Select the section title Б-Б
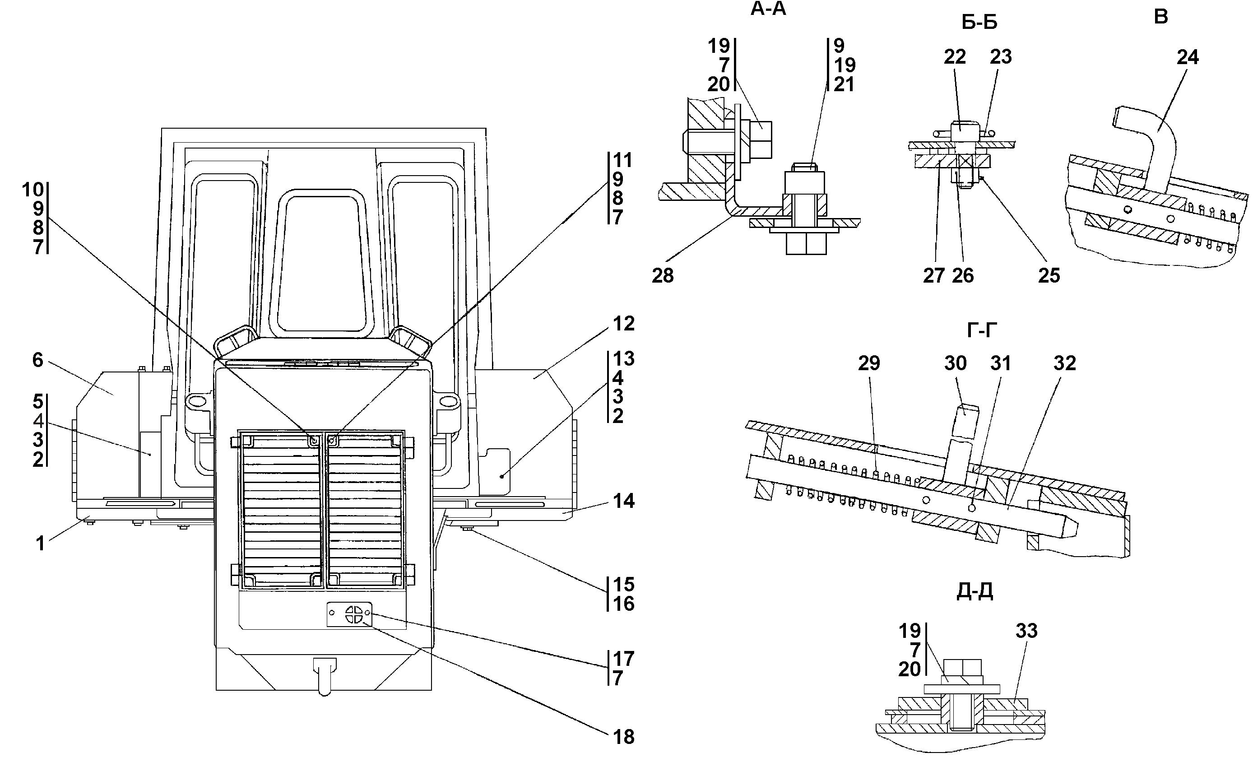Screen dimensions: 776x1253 (979, 23)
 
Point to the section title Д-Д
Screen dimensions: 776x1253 (975, 591)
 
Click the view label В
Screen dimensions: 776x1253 (1160, 17)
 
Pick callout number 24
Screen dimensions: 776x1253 (1187, 57)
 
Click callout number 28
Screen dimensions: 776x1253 (663, 276)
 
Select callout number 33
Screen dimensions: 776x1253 (1026, 631)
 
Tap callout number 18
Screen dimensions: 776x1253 (624, 737)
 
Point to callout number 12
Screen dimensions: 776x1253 (624, 323)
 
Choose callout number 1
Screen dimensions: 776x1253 (40, 544)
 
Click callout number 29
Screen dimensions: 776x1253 (869, 363)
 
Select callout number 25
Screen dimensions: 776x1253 (1049, 276)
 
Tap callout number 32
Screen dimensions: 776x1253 (1065, 363)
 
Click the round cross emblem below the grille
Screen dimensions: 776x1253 (354, 614)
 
